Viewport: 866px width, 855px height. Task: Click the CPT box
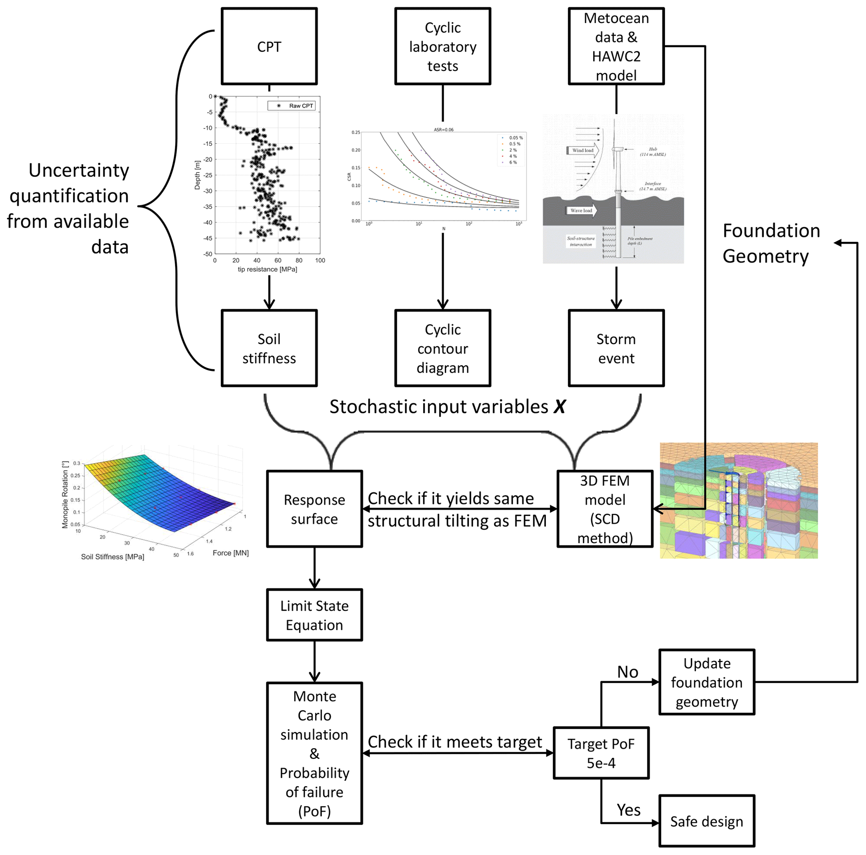[x=269, y=46]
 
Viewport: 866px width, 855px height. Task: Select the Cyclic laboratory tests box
[x=442, y=46]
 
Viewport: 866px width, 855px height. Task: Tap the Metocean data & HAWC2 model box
[x=616, y=46]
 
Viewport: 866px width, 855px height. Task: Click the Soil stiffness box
[x=269, y=348]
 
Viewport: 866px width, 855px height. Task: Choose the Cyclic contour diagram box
[x=442, y=348]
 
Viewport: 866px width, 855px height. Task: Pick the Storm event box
[x=616, y=348]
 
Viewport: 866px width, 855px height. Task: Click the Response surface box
[x=314, y=508]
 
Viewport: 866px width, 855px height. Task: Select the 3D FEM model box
[x=605, y=508]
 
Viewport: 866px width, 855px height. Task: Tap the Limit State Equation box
[x=314, y=615]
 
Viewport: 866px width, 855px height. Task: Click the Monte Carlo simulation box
[x=314, y=753]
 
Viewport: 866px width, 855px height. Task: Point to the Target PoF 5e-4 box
[x=601, y=753]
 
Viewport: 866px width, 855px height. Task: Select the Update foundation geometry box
[x=706, y=682]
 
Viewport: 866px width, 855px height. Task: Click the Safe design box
[x=706, y=821]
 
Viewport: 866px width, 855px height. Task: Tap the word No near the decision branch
[x=628, y=671]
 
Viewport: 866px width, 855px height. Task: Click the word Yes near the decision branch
[x=628, y=810]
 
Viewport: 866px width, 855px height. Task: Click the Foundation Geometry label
[x=771, y=243]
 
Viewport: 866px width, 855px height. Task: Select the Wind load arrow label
[x=583, y=150]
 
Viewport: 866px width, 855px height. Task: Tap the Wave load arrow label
[x=582, y=210]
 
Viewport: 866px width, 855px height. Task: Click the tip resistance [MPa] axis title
[x=267, y=269]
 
